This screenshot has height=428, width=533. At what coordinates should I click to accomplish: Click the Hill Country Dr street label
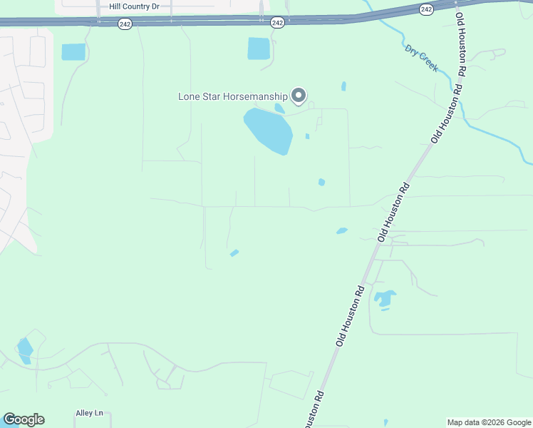pos(140,6)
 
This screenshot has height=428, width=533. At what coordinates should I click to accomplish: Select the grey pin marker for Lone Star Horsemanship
pos(300,95)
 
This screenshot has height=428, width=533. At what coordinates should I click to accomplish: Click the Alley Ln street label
pos(90,413)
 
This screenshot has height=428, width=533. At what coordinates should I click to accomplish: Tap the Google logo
pos(24,419)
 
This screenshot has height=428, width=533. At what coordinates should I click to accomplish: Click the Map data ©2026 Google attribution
pos(488,422)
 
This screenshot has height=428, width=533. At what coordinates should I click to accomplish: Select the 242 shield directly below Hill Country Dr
pos(124,23)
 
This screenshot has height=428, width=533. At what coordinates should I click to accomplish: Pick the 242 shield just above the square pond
pos(278,23)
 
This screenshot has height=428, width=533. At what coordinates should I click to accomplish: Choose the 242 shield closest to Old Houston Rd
pos(426,9)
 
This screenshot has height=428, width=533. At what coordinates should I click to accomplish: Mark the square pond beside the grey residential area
pos(73,52)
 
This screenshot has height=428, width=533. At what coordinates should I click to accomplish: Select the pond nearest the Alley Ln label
pos(25,350)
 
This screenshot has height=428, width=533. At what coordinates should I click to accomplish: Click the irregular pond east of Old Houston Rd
pos(385,299)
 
